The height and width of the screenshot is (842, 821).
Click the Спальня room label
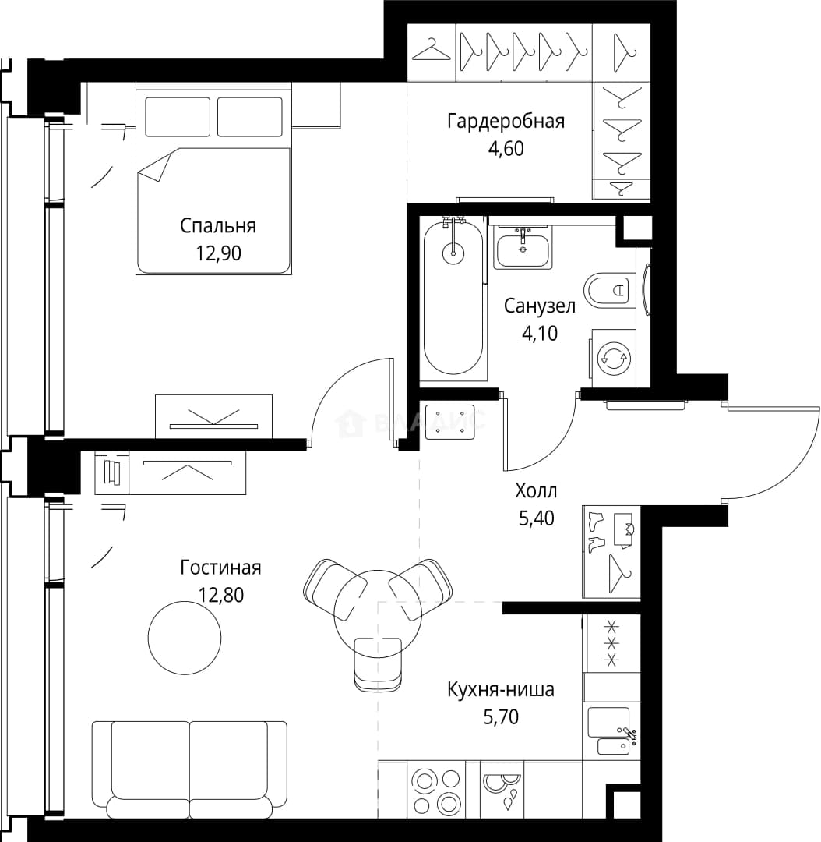click(x=218, y=225)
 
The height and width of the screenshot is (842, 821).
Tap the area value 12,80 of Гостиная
click(x=220, y=595)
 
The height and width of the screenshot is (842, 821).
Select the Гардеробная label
click(x=506, y=122)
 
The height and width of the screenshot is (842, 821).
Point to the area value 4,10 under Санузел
click(x=540, y=334)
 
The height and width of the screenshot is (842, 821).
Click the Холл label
click(x=536, y=491)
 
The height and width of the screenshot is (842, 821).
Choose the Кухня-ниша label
click(x=501, y=689)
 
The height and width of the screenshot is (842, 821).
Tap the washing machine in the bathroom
click(x=613, y=358)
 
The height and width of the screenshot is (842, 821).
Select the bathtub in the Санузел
click(x=453, y=299)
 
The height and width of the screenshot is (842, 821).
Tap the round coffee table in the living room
click(x=185, y=637)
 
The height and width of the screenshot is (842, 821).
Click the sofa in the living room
click(x=189, y=769)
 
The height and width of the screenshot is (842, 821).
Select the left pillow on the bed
click(x=178, y=116)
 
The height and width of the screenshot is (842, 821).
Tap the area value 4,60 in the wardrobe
click(x=506, y=148)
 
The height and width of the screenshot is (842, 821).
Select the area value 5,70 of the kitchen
click(x=501, y=717)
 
